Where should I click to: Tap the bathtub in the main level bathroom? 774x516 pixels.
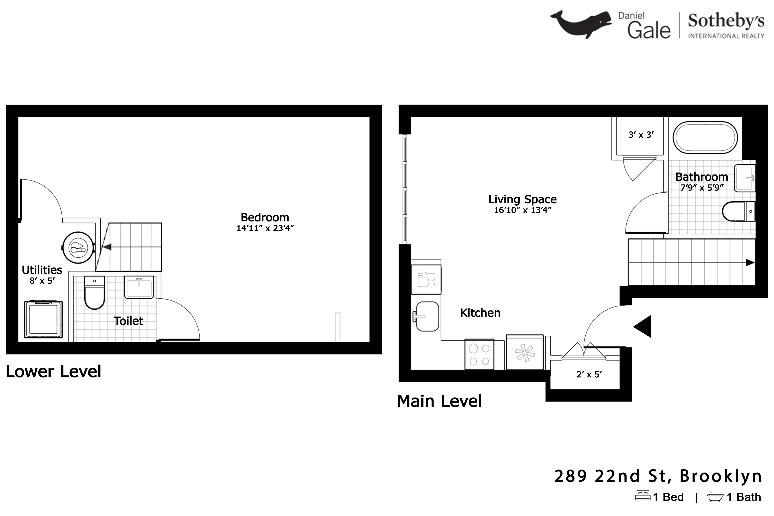coord(705,138)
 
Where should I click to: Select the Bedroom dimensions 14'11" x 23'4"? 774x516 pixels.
coord(265,228)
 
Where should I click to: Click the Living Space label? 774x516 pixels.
coord(522,199)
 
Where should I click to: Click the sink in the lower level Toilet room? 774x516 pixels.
coord(139,287)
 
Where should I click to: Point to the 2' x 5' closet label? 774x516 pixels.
coord(589,374)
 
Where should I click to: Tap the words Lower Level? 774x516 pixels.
coord(53,372)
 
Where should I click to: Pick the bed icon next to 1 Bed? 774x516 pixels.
coord(643,496)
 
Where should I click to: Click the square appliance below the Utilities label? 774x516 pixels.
coord(43,319)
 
